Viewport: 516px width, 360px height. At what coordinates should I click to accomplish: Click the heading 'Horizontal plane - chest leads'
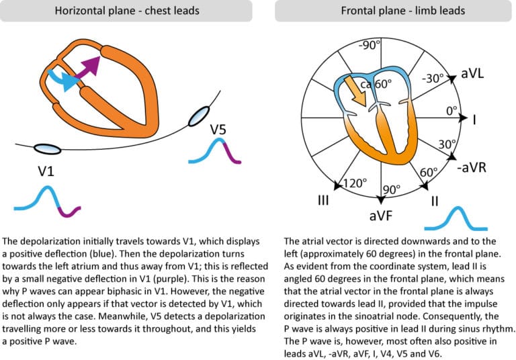(126, 11)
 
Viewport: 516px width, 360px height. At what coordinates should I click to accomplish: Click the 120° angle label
(354, 181)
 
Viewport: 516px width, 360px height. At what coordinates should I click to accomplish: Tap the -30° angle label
(433, 78)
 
